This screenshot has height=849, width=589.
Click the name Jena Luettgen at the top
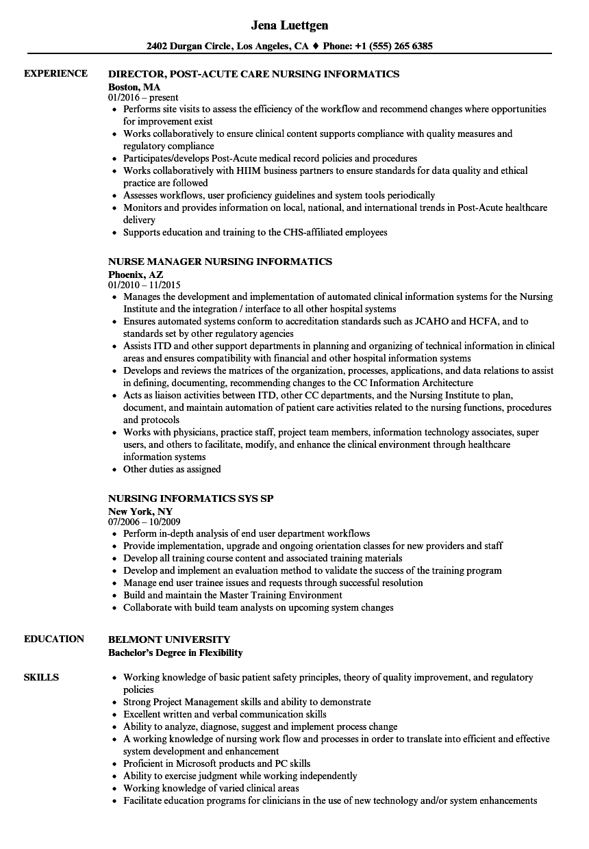[289, 25]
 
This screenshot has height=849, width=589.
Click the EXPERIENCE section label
[55, 73]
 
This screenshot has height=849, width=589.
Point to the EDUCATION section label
[54, 639]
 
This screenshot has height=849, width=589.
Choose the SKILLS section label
[41, 677]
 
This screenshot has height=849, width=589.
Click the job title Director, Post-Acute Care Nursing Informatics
[253, 74]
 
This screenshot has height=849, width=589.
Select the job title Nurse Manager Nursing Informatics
[220, 262]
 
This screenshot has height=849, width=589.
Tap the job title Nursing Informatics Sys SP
[190, 498]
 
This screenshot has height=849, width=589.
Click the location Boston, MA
[134, 87]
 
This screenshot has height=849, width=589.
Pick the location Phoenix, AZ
[136, 274]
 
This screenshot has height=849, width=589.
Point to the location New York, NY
[140, 511]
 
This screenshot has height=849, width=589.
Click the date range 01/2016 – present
[143, 98]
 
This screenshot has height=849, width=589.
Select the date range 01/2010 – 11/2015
[145, 285]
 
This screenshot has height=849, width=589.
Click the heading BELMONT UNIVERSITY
[169, 639]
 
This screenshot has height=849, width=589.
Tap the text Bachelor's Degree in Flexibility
[175, 652]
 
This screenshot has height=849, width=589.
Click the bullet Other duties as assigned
[172, 469]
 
